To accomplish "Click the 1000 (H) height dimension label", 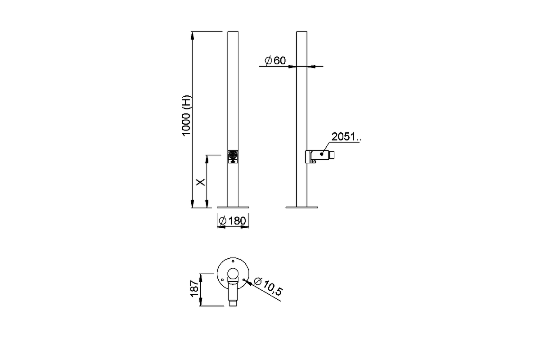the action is tap(186, 116).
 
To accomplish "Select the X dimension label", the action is tap(200, 182).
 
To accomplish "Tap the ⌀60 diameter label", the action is tap(275, 60).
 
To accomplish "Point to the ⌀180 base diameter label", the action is tap(232, 220).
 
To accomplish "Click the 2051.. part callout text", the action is tap(346, 137).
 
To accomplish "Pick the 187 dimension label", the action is tap(194, 288).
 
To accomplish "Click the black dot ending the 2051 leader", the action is tap(322, 154).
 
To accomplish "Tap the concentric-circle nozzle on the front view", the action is tap(233, 155).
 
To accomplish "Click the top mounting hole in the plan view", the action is tap(233, 261).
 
